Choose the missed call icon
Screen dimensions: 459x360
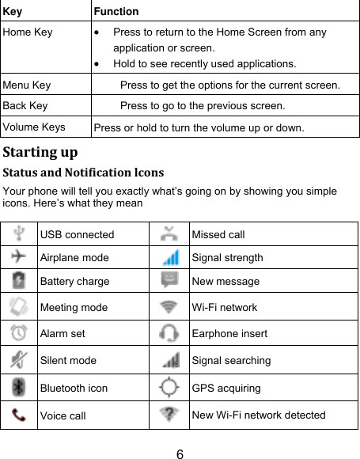click(x=169, y=234)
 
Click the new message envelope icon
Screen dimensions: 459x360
click(x=169, y=280)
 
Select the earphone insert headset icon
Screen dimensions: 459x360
click(x=169, y=333)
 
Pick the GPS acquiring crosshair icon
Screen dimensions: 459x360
click(x=169, y=388)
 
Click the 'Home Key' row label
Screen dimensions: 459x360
click(x=28, y=32)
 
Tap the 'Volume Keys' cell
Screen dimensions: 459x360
click(x=34, y=127)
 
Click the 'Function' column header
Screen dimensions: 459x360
click(x=116, y=11)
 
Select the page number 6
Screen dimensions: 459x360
click(x=180, y=453)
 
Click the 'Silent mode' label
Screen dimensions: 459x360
click(x=68, y=361)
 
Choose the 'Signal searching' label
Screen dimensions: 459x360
click(x=231, y=361)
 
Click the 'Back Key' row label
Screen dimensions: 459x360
click(x=25, y=105)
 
